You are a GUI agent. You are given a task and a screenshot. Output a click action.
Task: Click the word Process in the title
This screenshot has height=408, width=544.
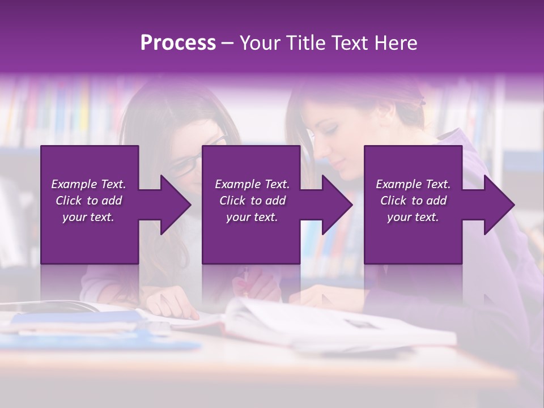click(178, 43)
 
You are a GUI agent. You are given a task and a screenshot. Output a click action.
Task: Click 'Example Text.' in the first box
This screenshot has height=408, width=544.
click(88, 184)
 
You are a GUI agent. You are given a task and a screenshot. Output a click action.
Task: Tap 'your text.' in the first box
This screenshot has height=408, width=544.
click(88, 217)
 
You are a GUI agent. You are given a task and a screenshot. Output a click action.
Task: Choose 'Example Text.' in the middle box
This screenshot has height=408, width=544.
click(252, 184)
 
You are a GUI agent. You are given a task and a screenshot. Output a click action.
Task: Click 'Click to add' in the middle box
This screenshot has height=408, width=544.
click(252, 201)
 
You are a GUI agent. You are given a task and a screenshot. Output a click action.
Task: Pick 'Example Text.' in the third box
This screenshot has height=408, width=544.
click(413, 184)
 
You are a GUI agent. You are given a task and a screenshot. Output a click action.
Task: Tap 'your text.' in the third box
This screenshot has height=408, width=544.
click(413, 217)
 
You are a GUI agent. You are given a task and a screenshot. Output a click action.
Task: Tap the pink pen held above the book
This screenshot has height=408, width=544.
click(246, 280)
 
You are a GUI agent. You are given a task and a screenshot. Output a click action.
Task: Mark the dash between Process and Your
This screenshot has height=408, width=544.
click(227, 44)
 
